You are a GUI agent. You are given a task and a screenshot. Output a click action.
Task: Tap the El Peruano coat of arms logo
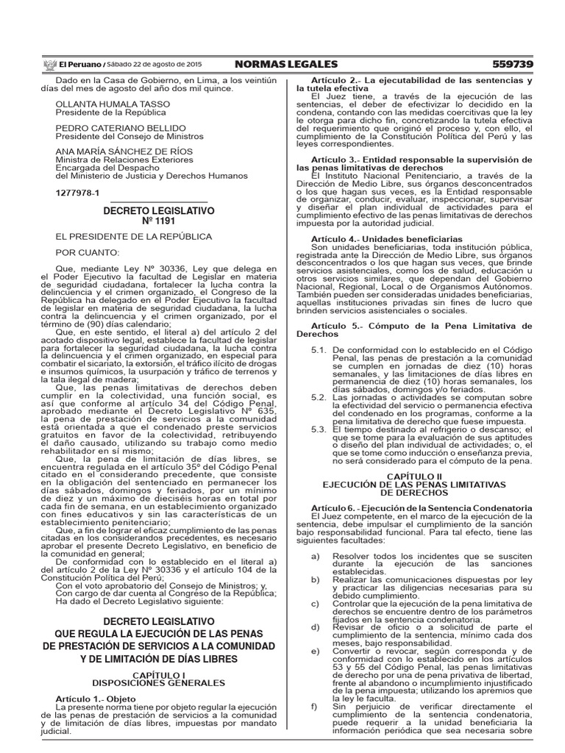click(x=50, y=64)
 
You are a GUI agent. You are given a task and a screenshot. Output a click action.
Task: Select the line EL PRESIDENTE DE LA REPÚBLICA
click(x=134, y=237)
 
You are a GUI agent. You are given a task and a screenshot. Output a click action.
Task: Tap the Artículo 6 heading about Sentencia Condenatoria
click(x=416, y=487)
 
